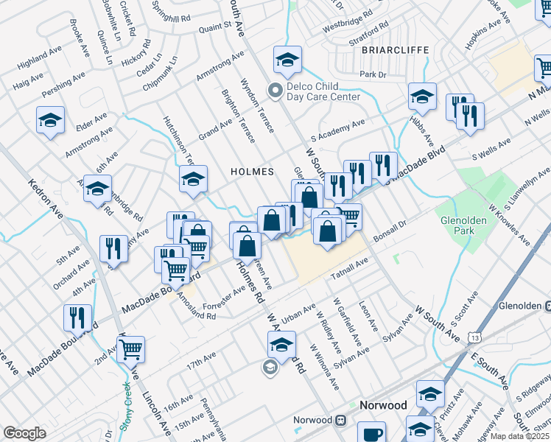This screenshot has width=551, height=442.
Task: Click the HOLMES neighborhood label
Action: tap(253, 172)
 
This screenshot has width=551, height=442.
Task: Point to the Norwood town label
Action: tap(382, 405)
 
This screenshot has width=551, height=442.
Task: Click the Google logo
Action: tap(24, 433)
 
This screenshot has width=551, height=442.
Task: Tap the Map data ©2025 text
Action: tap(519, 436)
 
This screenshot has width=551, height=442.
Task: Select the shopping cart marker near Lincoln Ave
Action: tap(130, 350)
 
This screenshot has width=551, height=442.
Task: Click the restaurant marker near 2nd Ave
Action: tap(77, 317)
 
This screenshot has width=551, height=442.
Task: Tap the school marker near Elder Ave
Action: tap(51, 120)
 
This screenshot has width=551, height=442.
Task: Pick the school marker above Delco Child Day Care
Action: tap(288, 59)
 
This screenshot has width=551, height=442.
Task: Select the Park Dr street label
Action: tap(373, 74)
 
